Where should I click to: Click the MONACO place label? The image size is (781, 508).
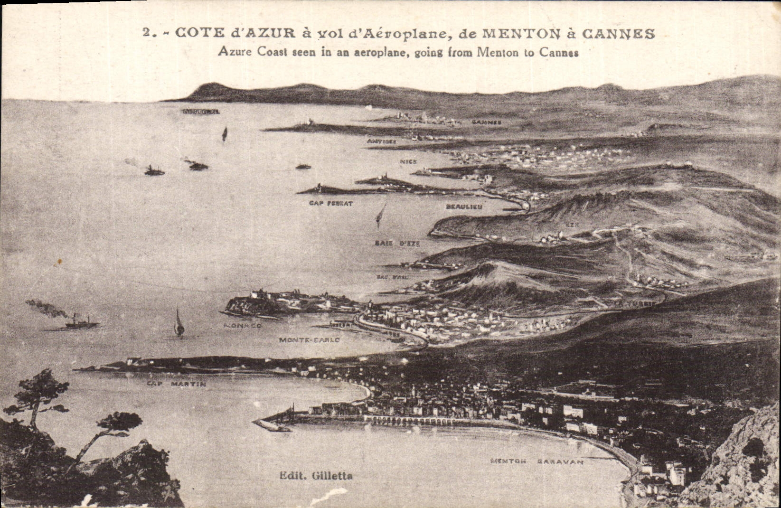(243, 326)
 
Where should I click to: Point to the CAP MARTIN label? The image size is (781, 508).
(176, 384)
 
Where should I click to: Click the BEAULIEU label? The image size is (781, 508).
(464, 207)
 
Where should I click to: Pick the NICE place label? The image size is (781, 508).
(408, 162)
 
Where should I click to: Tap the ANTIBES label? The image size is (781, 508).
(381, 141)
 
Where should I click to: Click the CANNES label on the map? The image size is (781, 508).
(487, 122)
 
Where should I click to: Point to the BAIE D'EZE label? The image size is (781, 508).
(397, 243)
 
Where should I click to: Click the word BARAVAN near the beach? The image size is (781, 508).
(561, 461)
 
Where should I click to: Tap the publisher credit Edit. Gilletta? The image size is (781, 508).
(316, 475)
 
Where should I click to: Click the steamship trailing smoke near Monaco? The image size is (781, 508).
(82, 322)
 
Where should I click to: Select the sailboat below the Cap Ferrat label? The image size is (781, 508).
(380, 216)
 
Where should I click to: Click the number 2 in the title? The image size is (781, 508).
(147, 34)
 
